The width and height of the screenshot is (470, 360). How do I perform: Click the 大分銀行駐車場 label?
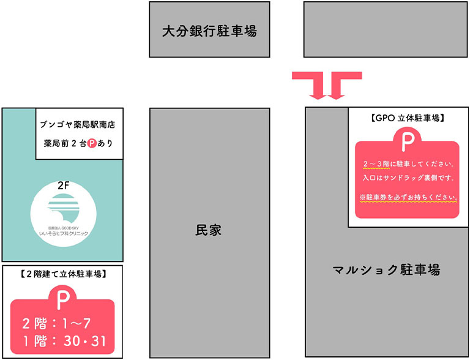click(x=209, y=31)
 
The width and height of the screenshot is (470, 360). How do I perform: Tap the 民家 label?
click(x=208, y=230)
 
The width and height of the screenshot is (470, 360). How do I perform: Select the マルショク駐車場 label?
click(x=386, y=270)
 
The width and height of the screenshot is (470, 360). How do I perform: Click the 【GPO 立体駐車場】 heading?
click(x=408, y=118)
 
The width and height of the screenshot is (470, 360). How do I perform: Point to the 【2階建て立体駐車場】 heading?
click(x=62, y=274)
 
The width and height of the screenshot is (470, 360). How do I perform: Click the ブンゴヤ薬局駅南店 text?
click(x=78, y=124)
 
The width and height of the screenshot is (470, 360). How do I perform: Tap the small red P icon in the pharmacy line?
click(x=92, y=144)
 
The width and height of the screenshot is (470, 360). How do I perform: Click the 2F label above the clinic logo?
click(x=63, y=186)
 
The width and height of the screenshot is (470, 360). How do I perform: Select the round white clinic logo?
click(x=63, y=214)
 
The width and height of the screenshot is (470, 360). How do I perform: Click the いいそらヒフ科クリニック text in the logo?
click(x=64, y=233)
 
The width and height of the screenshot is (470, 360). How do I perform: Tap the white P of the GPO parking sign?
click(x=408, y=142)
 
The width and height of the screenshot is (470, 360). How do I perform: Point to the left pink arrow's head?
click(x=318, y=97)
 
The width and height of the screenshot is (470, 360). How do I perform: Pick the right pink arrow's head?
click(x=337, y=97)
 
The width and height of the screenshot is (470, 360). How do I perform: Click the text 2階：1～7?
click(x=56, y=323)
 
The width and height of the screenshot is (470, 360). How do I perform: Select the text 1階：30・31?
click(x=64, y=341)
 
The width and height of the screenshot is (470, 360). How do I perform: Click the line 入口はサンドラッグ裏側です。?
click(x=408, y=178)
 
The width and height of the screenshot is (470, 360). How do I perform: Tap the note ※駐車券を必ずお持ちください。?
click(x=409, y=197)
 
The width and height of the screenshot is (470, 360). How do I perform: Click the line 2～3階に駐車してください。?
click(x=408, y=164)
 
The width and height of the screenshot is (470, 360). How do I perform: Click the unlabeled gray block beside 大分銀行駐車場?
click(x=386, y=29)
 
